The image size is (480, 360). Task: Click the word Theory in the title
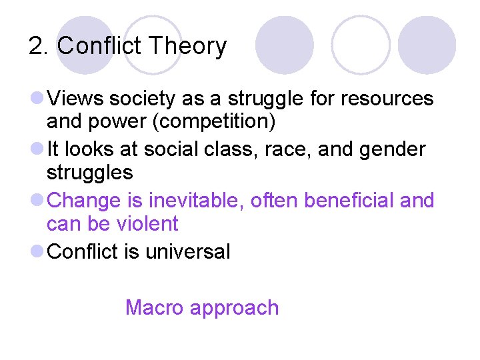coord(188,47)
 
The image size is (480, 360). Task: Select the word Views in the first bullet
coord(76,99)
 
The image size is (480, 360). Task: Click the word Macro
coord(155,307)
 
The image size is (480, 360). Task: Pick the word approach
coord(234,309)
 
